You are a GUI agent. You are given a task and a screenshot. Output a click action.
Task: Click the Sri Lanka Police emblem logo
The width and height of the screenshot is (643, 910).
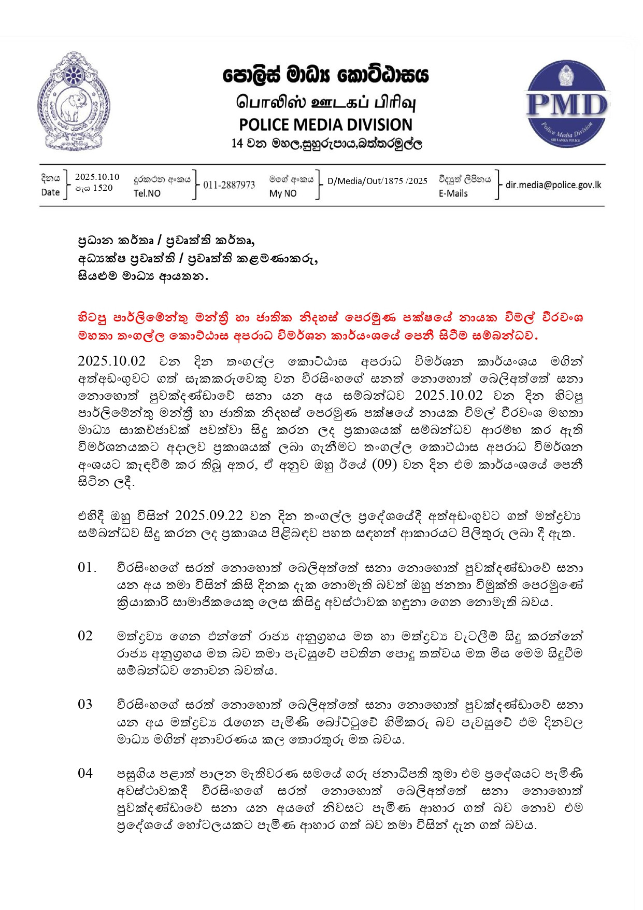(74, 101)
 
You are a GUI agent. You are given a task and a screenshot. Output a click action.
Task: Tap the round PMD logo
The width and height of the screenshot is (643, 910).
(567, 104)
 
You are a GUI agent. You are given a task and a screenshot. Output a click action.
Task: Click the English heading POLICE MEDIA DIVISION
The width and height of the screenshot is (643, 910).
(325, 124)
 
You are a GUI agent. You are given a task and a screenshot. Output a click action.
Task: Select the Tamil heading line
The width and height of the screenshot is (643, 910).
(326, 102)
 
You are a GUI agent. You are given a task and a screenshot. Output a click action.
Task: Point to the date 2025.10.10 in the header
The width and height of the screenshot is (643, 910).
(97, 177)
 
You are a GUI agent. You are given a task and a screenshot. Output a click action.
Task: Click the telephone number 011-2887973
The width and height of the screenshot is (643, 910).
(229, 185)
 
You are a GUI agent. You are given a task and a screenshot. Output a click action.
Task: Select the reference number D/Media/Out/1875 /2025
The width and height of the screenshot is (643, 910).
(377, 181)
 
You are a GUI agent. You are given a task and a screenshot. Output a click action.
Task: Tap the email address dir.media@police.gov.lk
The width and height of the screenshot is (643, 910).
(553, 185)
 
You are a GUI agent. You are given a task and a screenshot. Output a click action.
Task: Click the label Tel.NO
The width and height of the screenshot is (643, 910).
(147, 193)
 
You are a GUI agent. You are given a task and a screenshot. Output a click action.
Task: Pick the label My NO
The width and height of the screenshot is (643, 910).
(283, 193)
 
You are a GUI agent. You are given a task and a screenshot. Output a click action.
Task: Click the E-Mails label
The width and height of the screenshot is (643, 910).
(453, 193)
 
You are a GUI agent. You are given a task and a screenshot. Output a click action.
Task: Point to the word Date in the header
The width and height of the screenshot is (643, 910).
(50, 192)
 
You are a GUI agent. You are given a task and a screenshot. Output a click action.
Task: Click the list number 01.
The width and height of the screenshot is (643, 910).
(87, 568)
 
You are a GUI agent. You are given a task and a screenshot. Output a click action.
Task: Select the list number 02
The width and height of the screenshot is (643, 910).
(85, 636)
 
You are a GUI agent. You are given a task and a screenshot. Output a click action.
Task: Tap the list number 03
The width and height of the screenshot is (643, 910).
(85, 705)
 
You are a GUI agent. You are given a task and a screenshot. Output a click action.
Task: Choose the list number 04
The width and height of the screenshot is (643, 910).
(85, 774)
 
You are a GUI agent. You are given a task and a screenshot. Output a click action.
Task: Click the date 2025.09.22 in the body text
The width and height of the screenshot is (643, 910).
(209, 516)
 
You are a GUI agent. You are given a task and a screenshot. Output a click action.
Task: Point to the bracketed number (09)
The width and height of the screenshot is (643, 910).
(384, 464)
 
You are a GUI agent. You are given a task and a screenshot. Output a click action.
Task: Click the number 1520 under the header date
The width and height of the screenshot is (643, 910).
(103, 188)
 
